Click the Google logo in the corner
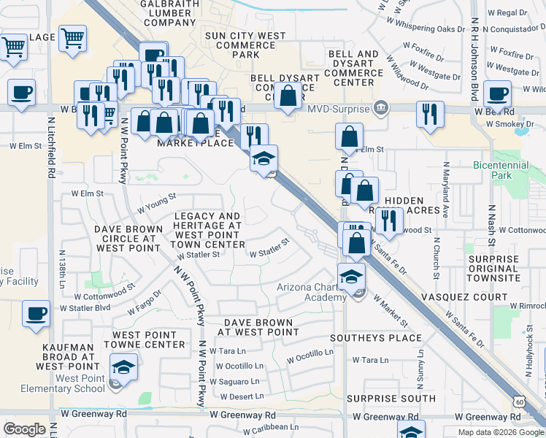(24, 429)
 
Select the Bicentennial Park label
(501, 170)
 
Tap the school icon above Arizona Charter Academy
(351, 275)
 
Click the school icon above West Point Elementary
(123, 366)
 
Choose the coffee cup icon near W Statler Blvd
(36, 314)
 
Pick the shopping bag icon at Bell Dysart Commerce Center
(288, 95)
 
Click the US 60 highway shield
(518, 402)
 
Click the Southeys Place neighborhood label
(376, 338)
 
